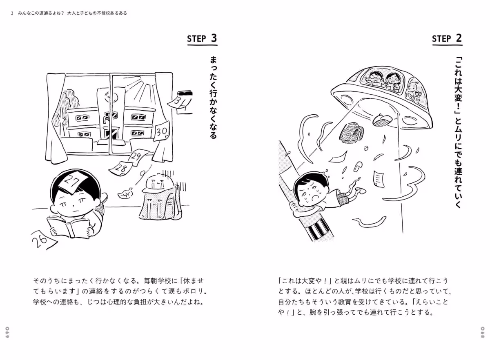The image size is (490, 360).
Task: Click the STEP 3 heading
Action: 202,39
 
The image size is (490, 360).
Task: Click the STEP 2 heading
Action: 447,39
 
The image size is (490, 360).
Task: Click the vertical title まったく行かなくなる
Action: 213,98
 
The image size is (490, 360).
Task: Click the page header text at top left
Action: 69,13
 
